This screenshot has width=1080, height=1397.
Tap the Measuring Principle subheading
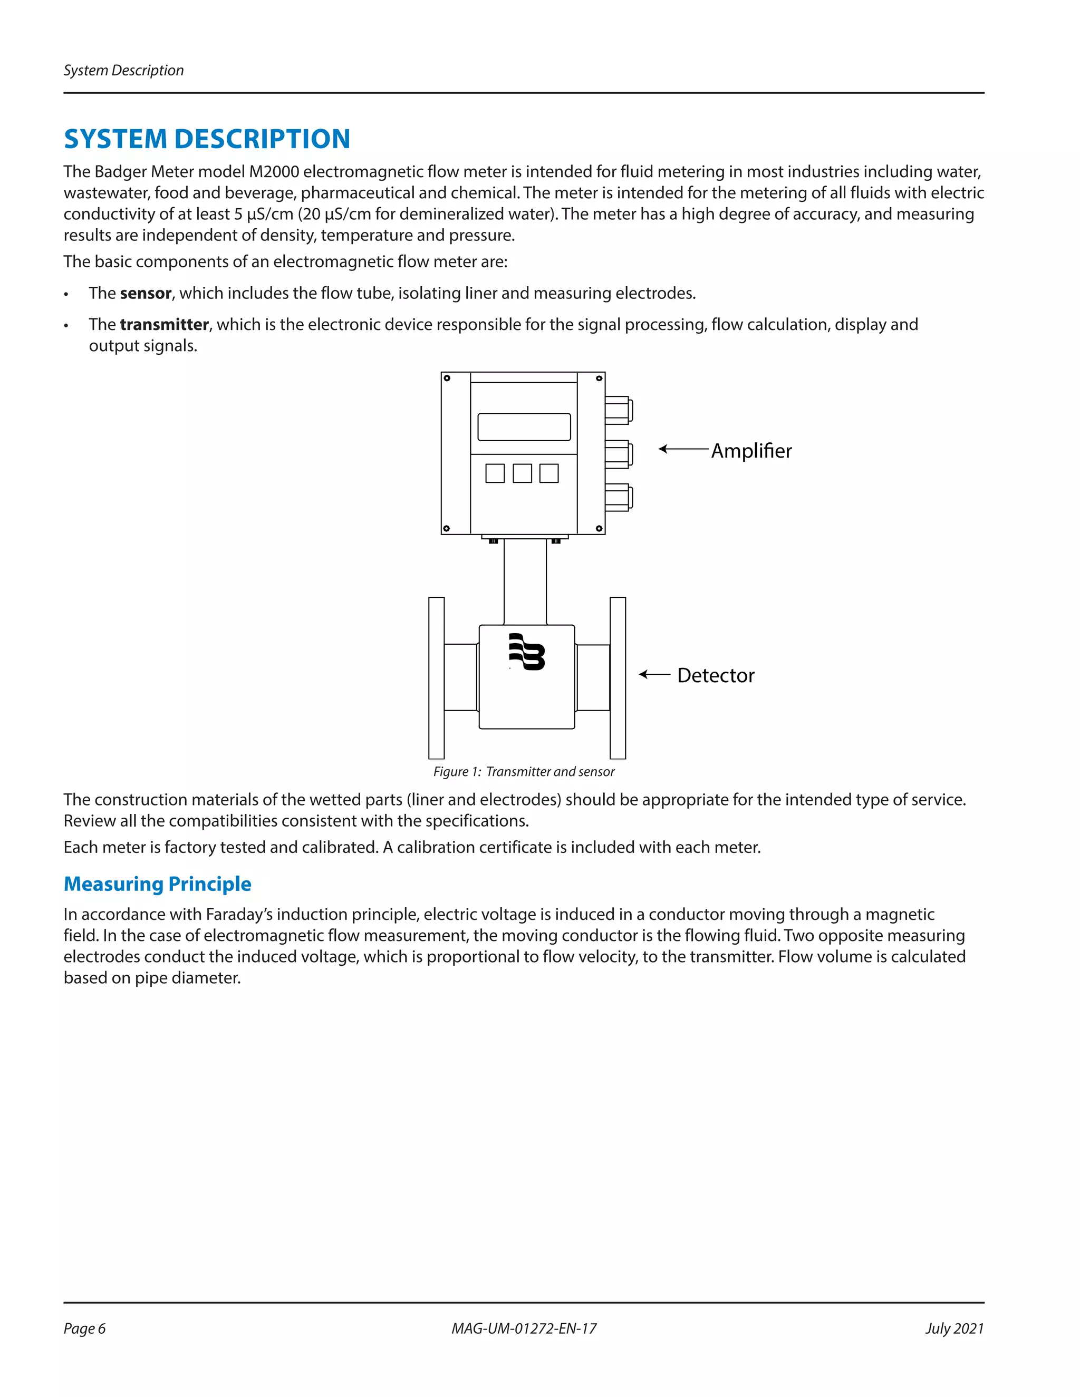157,884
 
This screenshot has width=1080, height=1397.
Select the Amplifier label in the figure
751,451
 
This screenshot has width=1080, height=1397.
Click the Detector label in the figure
715,675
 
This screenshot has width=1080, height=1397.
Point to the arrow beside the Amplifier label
683,449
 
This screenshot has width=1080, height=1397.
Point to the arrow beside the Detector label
654,674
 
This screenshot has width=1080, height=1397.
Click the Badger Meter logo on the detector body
527,652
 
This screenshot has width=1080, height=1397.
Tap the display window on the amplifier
524,426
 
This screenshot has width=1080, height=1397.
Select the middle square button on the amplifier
522,473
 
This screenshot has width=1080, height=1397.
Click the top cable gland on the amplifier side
618,410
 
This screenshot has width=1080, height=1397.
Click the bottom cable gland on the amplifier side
618,498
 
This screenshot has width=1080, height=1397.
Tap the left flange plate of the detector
436,678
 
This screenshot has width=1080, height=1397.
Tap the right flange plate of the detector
618,678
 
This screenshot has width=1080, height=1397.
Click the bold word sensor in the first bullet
145,293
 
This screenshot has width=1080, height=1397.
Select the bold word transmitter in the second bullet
164,324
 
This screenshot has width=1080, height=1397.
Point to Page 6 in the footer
84,1328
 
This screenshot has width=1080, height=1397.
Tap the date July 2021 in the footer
954,1328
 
